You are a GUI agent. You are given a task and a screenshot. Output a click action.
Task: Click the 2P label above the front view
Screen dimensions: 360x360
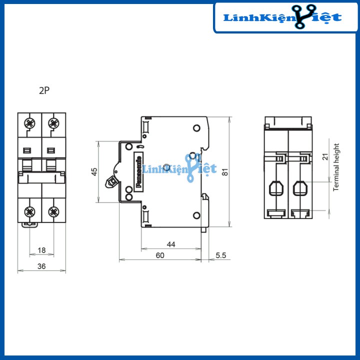click(x=44, y=90)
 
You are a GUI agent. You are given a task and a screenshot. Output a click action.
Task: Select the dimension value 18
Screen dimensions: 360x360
click(x=41, y=250)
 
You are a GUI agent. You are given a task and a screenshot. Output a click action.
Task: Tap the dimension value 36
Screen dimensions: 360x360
click(x=41, y=266)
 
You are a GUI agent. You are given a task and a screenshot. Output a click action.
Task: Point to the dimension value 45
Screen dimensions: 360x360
click(x=93, y=171)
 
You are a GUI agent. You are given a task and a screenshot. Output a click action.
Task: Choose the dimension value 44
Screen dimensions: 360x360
click(x=171, y=244)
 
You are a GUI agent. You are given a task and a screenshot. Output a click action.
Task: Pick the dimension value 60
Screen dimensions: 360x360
click(x=160, y=255)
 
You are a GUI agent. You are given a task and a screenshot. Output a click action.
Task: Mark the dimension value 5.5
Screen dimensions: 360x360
click(x=221, y=255)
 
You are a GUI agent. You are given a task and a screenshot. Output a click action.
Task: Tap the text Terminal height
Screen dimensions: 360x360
click(x=336, y=167)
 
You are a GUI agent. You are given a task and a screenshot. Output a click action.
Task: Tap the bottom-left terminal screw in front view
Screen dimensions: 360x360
click(x=29, y=211)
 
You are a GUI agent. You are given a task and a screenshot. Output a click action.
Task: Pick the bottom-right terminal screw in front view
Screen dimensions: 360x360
click(x=53, y=211)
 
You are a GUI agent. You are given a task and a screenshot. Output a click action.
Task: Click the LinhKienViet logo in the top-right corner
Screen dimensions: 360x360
click(x=284, y=18)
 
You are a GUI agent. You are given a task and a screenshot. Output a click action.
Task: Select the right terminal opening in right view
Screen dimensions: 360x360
click(x=300, y=188)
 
